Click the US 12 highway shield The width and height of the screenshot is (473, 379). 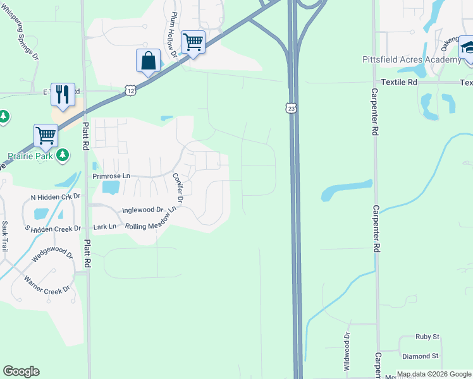130,91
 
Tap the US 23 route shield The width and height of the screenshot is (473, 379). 290,108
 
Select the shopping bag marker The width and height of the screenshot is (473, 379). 148,62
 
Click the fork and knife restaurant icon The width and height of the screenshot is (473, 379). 63,95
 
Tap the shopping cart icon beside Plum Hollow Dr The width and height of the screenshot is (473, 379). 193,43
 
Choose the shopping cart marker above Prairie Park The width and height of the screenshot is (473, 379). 46,135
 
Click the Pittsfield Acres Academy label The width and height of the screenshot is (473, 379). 412,59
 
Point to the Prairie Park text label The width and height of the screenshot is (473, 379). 29,155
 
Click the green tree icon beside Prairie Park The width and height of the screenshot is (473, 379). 62,155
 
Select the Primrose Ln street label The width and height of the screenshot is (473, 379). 111,176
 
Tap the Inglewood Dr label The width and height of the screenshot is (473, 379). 143,210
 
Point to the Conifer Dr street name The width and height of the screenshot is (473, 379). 177,188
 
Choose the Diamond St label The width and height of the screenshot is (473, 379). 423,356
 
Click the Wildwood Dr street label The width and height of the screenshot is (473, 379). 346,352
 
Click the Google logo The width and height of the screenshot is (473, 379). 21,371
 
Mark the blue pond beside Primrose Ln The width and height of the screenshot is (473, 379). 110,187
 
